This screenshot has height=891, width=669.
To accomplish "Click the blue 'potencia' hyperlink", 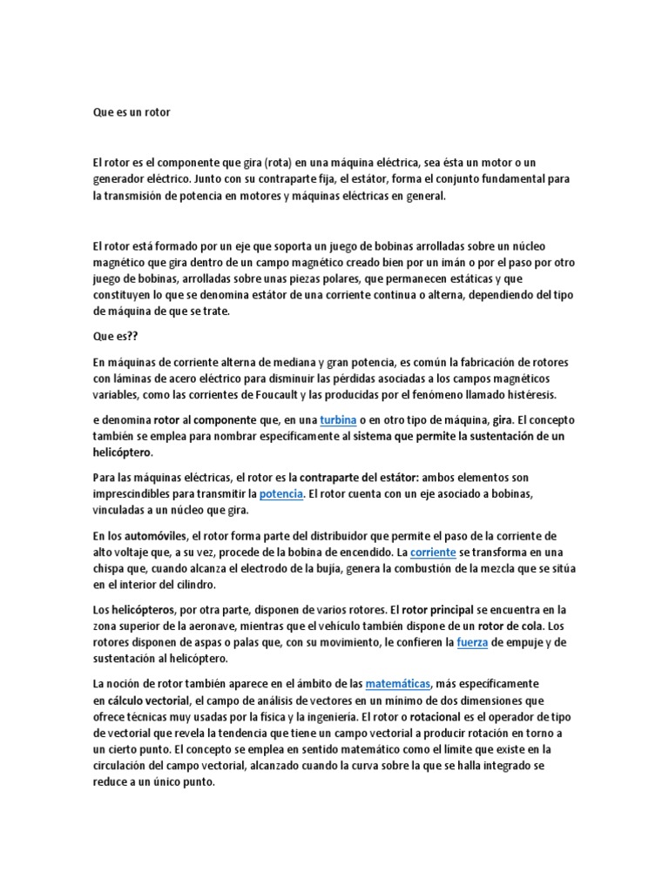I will click(280, 494).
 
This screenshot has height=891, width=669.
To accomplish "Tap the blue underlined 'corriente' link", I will click(434, 553).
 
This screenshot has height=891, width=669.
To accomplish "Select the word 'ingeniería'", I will click(325, 716).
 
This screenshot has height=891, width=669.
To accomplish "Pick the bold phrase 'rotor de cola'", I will click(509, 626).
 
